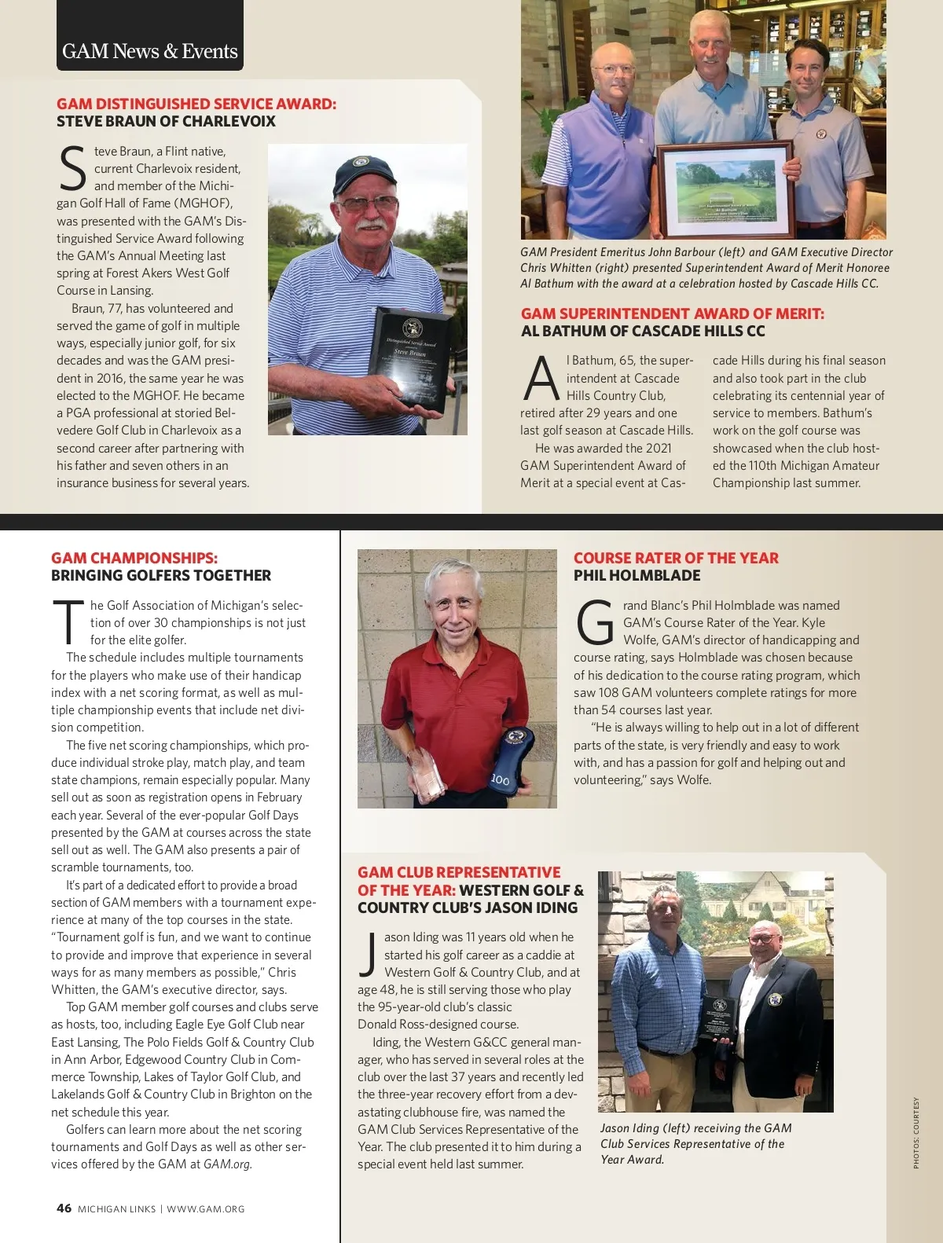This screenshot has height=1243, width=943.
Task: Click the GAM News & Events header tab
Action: pyautogui.click(x=149, y=52)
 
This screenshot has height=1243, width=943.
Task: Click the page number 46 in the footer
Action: pyautogui.click(x=64, y=1208)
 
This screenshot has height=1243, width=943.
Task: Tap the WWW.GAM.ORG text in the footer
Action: pyautogui.click(x=206, y=1209)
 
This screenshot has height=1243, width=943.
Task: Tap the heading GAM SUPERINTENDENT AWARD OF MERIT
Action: pyautogui.click(x=673, y=313)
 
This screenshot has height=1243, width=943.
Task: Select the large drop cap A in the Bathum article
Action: pyautogui.click(x=541, y=379)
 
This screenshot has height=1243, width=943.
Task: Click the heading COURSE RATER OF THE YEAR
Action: pyautogui.click(x=676, y=558)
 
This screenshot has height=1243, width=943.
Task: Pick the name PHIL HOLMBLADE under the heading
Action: pyautogui.click(x=637, y=575)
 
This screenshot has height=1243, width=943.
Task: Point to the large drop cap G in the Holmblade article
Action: pyautogui.click(x=595, y=623)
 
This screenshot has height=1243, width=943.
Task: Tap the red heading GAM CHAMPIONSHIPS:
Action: pyautogui.click(x=134, y=558)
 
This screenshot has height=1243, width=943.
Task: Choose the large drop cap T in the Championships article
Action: pyautogui.click(x=68, y=623)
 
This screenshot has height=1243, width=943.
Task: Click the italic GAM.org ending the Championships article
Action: pyautogui.click(x=228, y=1164)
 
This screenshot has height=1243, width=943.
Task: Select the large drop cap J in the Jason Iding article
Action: pyautogui.click(x=368, y=955)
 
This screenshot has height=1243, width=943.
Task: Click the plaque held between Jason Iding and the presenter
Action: pyautogui.click(x=717, y=1018)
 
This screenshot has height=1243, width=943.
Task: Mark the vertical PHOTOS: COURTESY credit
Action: pyautogui.click(x=915, y=1132)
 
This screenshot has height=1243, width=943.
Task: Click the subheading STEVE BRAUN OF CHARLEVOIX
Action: pyautogui.click(x=166, y=122)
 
